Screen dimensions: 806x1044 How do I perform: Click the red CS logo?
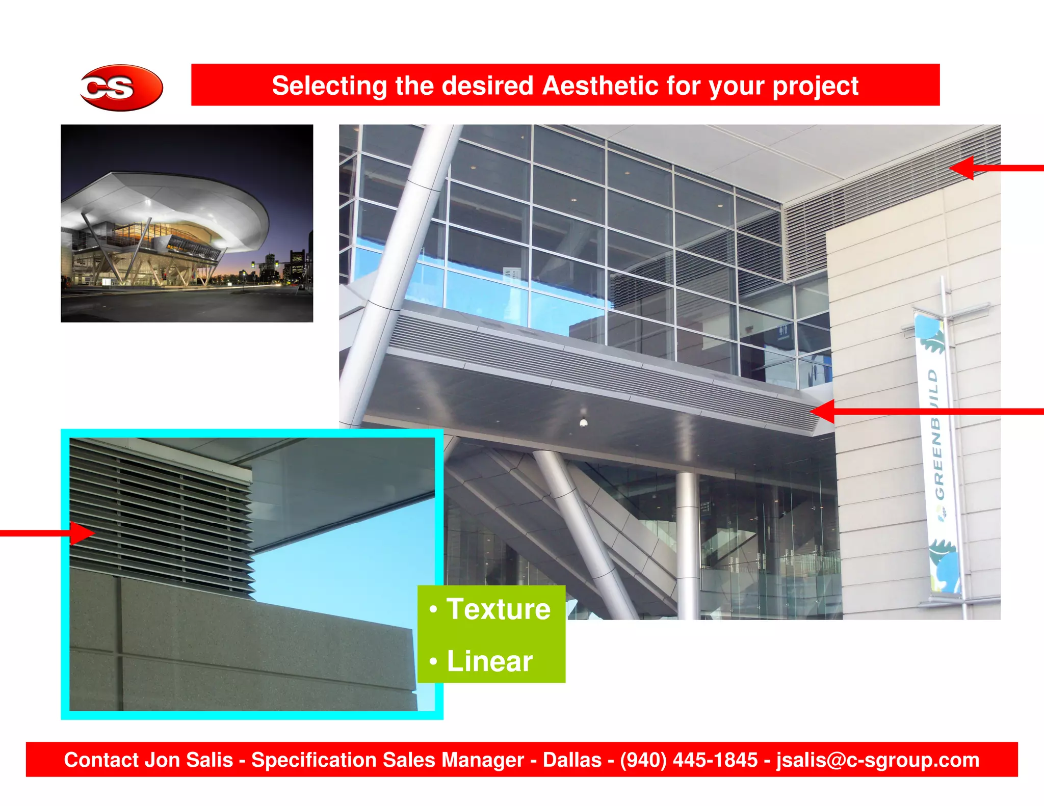point(121,88)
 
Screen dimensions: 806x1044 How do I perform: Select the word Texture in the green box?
point(498,609)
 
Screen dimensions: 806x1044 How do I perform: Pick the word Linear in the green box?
point(489,661)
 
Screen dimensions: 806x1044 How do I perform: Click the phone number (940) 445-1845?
point(688,760)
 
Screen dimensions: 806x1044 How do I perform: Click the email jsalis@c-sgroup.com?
point(877,760)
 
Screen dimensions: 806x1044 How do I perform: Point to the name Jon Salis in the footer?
point(189,760)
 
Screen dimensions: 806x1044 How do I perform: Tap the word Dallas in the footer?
point(571,760)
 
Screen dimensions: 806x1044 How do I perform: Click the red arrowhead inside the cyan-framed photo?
point(82,533)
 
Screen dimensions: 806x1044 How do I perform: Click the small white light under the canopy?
point(584,422)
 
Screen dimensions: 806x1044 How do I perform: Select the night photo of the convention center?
point(187,223)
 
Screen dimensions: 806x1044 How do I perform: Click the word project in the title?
point(815,86)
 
